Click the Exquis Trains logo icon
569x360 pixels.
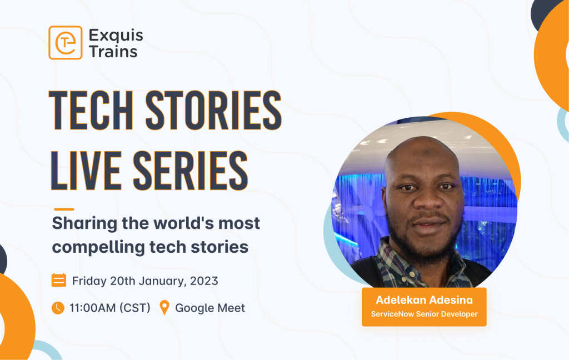[x=65, y=43]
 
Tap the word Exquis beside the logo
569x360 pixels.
[x=116, y=36]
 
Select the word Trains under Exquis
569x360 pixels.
[x=113, y=52]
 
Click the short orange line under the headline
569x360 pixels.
[x=62, y=209]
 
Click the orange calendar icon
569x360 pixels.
[x=58, y=280]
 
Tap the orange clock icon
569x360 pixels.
[x=58, y=308]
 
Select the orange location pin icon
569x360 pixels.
[x=164, y=308]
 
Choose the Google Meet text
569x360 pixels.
[x=210, y=308]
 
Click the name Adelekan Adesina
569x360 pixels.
[x=424, y=301]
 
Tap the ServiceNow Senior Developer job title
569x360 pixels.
[x=424, y=314]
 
